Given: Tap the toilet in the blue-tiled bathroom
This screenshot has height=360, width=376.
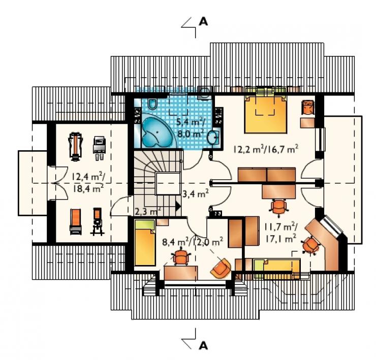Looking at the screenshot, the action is pos(152,103).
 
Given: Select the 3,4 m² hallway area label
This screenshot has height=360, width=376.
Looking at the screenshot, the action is pos(195,193).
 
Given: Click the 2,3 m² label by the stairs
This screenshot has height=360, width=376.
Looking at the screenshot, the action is pos(147,212).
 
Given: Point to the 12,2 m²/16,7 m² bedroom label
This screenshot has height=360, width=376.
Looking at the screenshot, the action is pos(266,150).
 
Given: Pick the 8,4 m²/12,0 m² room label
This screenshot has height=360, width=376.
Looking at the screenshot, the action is pos(193,242).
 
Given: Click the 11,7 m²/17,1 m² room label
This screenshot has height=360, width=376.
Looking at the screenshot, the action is pos(281,232).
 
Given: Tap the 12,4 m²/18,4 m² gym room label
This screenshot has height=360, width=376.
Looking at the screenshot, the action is pos(88,182).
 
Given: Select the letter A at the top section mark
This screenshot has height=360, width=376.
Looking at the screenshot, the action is pos(203,22).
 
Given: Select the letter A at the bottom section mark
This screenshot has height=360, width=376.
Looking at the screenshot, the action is pos(203,345).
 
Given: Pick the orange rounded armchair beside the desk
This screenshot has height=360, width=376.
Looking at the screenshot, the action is pos(221,268).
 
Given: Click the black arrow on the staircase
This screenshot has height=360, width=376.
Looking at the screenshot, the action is pos(178,206).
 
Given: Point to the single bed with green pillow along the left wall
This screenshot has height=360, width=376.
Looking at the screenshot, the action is pos(145,243).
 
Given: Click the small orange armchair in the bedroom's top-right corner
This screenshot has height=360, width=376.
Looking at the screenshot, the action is pos(307,107).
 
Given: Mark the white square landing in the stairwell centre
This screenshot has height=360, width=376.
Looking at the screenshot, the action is pos(168,184).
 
